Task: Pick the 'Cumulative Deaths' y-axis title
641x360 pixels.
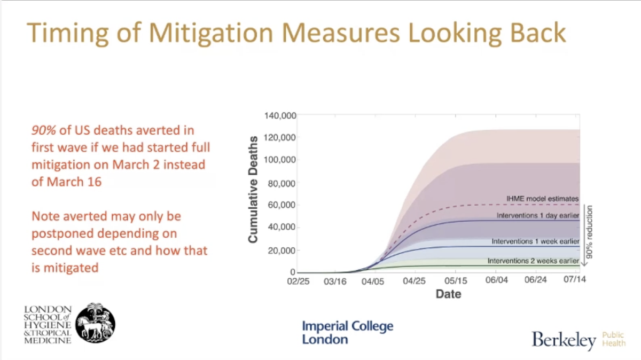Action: [x=254, y=190]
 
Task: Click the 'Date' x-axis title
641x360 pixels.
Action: [x=448, y=294]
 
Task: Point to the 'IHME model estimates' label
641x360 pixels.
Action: [x=543, y=199]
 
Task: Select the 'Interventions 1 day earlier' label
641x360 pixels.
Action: [x=537, y=216]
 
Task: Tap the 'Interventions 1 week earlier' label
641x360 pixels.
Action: [x=536, y=241]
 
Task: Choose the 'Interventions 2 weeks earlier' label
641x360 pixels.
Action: [x=533, y=261]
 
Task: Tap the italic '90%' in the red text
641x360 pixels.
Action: [x=43, y=130]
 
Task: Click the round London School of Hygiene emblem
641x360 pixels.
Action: [x=95, y=323]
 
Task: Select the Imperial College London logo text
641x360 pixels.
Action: [x=347, y=332]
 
